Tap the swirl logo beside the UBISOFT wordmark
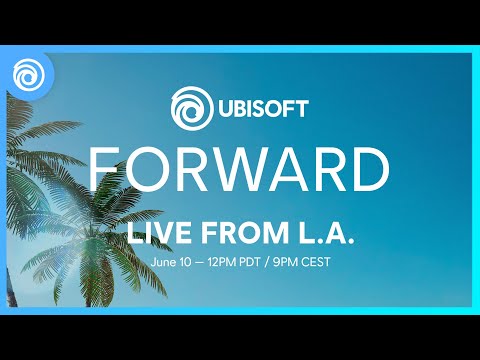(189, 105)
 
